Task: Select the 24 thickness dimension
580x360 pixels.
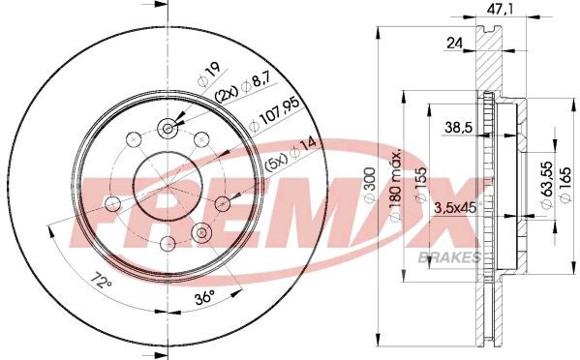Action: point(454,44)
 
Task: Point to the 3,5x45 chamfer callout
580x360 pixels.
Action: point(455,208)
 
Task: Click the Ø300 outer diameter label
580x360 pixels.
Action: point(370,184)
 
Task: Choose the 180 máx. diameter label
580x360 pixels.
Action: point(395,185)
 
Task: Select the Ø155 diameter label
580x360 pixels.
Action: point(421,185)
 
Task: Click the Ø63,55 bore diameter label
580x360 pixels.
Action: point(547,185)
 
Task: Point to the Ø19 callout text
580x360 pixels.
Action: point(209,74)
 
